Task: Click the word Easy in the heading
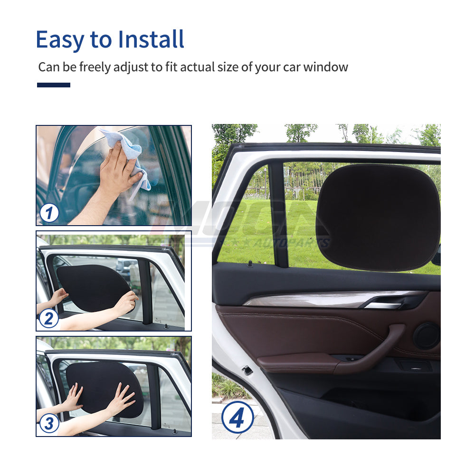click(59, 39)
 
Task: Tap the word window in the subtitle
click(326, 67)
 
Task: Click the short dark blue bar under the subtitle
click(54, 85)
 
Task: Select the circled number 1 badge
click(49, 212)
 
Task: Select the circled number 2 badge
click(48, 318)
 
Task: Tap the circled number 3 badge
click(49, 423)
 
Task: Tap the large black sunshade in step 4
click(378, 216)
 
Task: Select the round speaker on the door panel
click(426, 336)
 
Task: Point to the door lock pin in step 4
click(249, 262)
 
